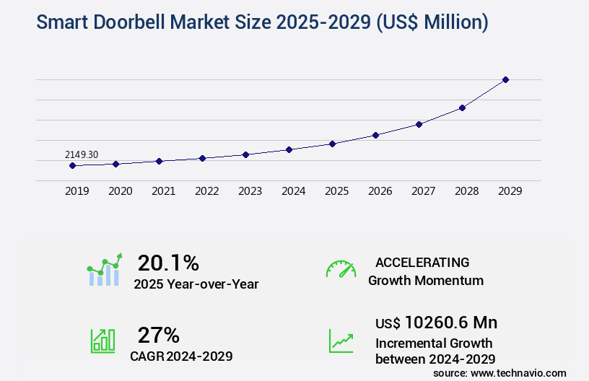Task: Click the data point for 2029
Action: pos(505,79)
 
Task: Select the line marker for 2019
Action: pos(72,165)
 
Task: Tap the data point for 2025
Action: pos(332,144)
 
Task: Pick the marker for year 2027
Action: pos(419,124)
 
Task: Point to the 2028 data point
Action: pos(462,108)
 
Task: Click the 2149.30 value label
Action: pos(82,154)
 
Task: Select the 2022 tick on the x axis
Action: pos(206,191)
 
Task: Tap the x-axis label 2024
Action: pos(293,191)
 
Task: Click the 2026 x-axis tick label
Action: pos(380,191)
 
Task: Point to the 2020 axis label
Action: pos(120,191)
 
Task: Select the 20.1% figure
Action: pos(168,263)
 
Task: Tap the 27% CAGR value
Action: pos(158,335)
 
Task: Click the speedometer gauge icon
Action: pos(341,269)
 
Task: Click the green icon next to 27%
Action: pos(102,341)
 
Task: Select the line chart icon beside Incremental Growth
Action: pos(341,341)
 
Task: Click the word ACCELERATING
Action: pos(422,262)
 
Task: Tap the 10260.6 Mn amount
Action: pos(450,323)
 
